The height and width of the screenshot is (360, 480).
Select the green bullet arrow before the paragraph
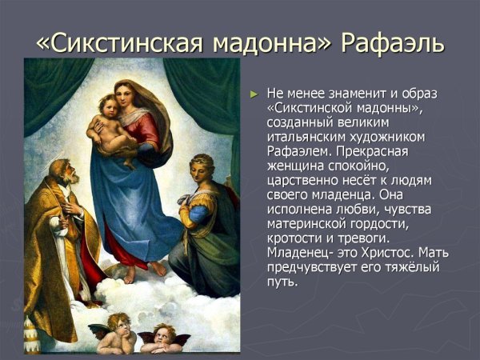(254, 94)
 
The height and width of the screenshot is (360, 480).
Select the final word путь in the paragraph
(281, 281)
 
